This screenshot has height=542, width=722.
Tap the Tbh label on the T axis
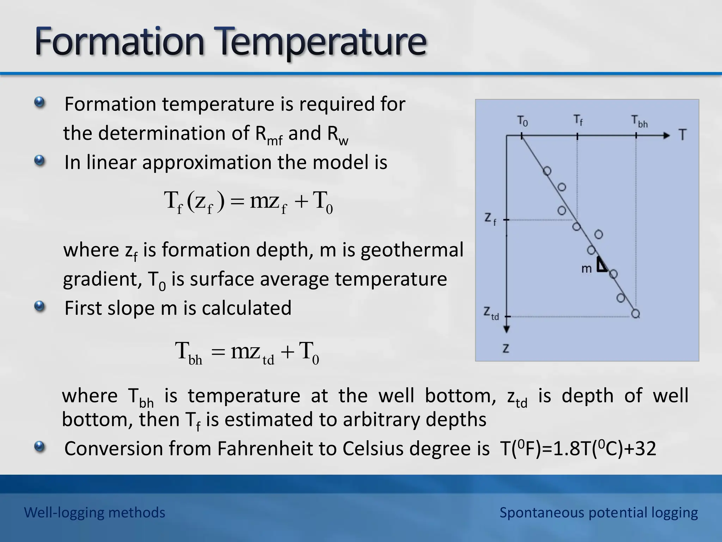(639, 121)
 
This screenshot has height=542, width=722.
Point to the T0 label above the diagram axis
(522, 121)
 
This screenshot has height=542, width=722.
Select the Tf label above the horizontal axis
(578, 120)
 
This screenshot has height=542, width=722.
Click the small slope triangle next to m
(601, 265)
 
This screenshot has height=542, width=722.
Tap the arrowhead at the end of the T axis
(666, 135)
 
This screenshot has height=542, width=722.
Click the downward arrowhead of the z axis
(507, 329)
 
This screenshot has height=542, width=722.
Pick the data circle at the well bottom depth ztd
(636, 313)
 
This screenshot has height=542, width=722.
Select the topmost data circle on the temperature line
(547, 171)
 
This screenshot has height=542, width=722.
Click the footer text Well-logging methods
(94, 512)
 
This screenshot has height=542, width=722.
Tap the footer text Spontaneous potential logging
(598, 512)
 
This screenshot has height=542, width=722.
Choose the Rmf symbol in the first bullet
(268, 135)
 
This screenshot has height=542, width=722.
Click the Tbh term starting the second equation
(189, 352)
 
